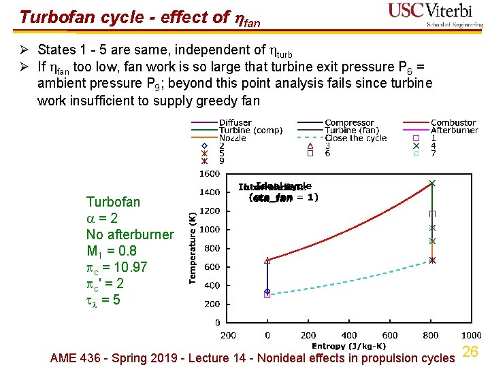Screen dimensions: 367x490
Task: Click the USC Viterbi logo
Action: point(436,14)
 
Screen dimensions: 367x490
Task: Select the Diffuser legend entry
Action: point(235,122)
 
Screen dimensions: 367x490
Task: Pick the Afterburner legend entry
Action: point(455,130)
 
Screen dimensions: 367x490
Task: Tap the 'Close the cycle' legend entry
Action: point(355,138)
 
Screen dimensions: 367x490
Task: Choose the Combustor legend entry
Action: point(453,122)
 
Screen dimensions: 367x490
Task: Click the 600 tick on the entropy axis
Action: point(390,335)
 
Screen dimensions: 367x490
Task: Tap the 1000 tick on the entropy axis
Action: point(471,335)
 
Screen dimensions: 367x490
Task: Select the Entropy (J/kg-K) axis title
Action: point(348,346)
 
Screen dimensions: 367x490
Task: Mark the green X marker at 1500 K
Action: point(431,183)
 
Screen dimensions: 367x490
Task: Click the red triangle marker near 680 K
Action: point(267,260)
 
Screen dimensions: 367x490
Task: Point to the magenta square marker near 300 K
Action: point(267,295)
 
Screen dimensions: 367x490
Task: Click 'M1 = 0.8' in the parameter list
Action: point(112,251)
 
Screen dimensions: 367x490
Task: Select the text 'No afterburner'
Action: point(130,234)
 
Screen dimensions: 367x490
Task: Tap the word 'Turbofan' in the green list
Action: point(113,202)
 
